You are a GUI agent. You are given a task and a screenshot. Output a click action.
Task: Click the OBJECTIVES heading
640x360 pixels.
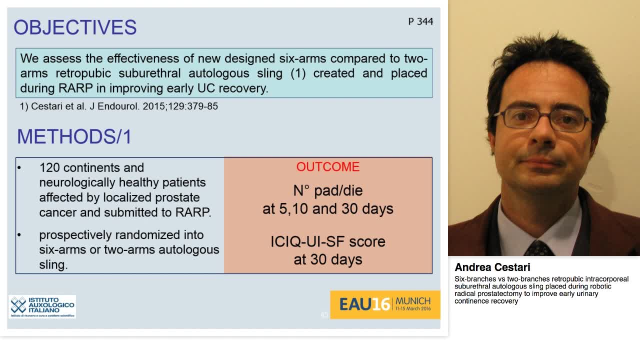(x=75, y=27)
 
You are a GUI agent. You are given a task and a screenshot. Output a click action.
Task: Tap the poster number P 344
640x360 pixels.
(x=420, y=21)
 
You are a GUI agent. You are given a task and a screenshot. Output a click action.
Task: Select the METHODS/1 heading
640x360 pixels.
(x=74, y=136)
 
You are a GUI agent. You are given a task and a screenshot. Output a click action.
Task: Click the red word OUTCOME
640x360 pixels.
(x=327, y=167)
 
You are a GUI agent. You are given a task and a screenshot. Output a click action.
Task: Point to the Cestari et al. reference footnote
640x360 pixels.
(x=119, y=106)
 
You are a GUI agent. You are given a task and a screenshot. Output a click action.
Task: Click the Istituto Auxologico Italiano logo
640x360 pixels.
(x=42, y=306)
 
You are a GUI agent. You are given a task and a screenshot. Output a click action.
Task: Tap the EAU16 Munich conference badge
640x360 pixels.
(x=384, y=304)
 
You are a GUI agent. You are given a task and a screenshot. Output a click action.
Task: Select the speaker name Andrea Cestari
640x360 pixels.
(x=492, y=267)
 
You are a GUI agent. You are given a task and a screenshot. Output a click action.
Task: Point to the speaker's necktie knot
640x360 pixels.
(x=538, y=247)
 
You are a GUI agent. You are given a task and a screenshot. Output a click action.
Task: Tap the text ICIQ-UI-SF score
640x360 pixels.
(x=327, y=241)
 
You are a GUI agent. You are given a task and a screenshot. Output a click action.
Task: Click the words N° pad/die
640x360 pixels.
(x=327, y=190)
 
